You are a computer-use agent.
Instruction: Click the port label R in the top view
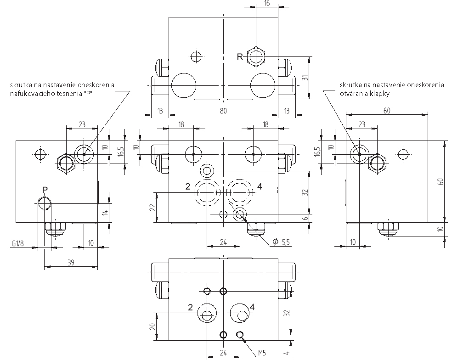point(240,56)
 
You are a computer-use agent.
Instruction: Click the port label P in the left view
point(45,190)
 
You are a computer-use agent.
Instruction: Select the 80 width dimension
point(223,111)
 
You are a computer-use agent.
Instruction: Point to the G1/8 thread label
point(18,243)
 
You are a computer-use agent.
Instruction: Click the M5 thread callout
point(262,353)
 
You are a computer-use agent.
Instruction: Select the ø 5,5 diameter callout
point(281,242)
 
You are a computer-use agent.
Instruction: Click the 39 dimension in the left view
point(71,262)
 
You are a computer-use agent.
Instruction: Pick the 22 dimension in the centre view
point(152,207)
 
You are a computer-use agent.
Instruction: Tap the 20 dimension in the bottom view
point(152,326)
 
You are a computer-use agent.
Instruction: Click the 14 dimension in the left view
point(106,211)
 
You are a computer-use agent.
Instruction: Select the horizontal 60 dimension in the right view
point(387,111)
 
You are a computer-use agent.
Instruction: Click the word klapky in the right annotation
point(380,94)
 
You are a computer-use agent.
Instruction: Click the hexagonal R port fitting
point(256,56)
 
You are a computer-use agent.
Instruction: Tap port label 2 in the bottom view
point(190,308)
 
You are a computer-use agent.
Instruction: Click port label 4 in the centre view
point(260,186)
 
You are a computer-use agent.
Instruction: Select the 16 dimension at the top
point(267,3)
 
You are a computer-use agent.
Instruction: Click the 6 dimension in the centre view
point(305,219)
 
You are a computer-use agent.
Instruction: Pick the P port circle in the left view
point(44,203)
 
